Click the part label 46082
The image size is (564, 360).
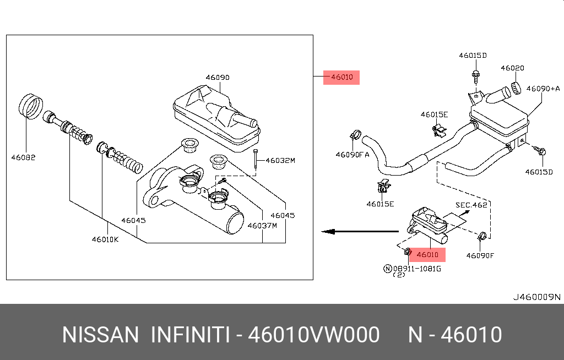click(x=23, y=157)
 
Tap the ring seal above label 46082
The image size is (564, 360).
click(x=31, y=106)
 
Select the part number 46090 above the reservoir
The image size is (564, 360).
click(x=218, y=78)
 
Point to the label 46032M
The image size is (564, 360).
click(x=280, y=161)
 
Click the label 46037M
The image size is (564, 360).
click(x=262, y=225)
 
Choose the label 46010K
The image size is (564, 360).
click(x=105, y=239)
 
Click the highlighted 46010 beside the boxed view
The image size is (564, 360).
click(x=341, y=77)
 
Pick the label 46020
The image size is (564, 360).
click(x=512, y=68)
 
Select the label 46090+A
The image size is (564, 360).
click(x=543, y=88)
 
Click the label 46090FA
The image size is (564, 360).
click(x=352, y=155)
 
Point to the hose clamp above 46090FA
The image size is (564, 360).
click(x=355, y=134)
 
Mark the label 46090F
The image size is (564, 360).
click(x=480, y=255)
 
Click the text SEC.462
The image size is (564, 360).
click(x=472, y=205)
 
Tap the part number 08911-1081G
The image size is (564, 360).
click(x=417, y=269)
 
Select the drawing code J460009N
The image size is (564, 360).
click(x=536, y=297)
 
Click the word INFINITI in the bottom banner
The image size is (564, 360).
click(x=189, y=335)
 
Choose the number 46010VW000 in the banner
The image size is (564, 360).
click(x=313, y=335)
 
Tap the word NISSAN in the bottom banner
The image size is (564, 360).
click(x=100, y=335)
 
